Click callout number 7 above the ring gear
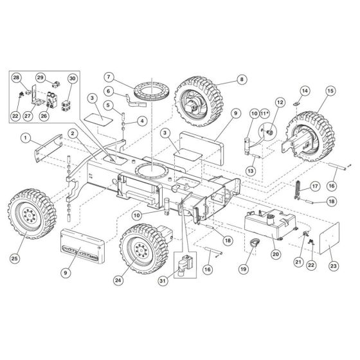click(109, 78)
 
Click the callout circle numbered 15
click(330, 93)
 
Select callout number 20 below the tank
click(276, 255)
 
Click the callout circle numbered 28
click(17, 78)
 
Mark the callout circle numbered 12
click(280, 102)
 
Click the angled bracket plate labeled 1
click(49, 150)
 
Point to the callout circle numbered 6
click(109, 91)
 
